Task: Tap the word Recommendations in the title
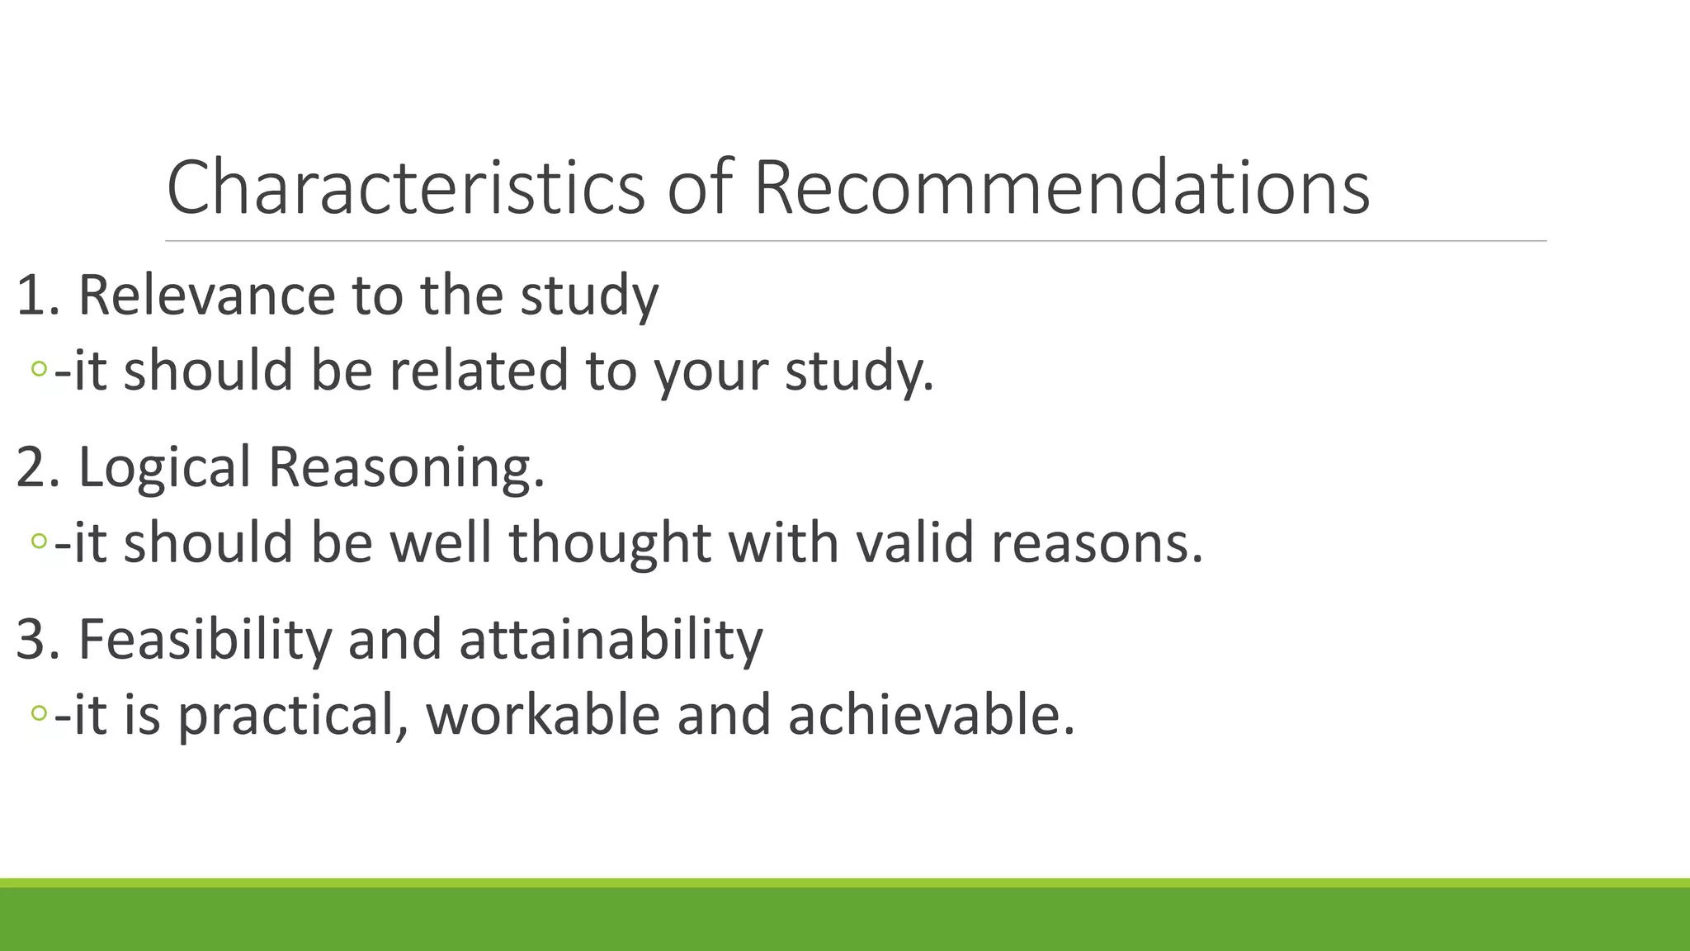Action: tap(1061, 187)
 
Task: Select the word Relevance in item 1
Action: tap(206, 295)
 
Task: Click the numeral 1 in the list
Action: tap(31, 296)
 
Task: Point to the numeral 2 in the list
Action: tap(31, 467)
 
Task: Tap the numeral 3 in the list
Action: tap(31, 639)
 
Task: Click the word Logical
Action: tap(164, 468)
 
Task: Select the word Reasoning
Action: tap(406, 468)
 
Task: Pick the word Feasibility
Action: tap(205, 639)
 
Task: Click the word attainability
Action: tap(611, 639)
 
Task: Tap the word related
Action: tap(479, 370)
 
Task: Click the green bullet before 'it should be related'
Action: tap(39, 369)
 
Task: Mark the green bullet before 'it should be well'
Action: tap(39, 542)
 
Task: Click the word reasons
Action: tap(1097, 544)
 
